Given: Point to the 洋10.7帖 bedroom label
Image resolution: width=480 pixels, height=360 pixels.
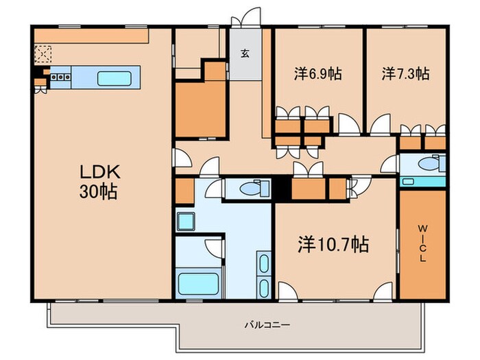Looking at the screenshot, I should (x=334, y=243).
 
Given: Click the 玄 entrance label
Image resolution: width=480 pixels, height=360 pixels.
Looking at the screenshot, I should (x=245, y=53).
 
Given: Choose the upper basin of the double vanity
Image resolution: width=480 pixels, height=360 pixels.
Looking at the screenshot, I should (x=263, y=262).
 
